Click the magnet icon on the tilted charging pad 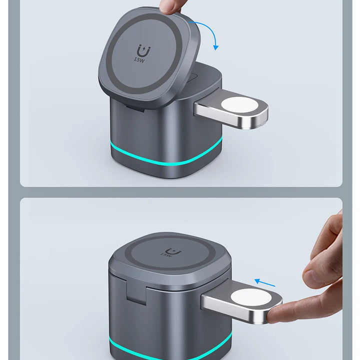(143, 50)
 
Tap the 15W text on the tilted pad (139, 60)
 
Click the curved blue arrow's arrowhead (216, 47)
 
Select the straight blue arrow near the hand (264, 282)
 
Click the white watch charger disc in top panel (240, 105)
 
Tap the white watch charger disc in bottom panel (251, 297)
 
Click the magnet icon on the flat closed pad (173, 251)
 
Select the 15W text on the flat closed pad (166, 254)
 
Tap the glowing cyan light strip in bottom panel (170, 351)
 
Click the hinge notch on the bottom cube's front (136, 291)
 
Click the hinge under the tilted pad (135, 108)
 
